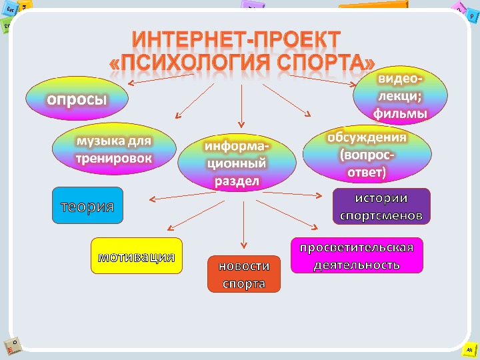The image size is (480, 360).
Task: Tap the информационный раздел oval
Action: [237, 163]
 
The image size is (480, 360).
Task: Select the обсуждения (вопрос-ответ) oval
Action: [365, 155]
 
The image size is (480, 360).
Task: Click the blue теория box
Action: [87, 206]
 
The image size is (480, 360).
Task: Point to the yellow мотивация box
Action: [137, 256]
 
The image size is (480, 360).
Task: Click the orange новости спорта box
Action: [244, 274]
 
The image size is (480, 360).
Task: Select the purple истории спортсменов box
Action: [381, 207]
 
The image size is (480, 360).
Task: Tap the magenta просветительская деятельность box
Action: [357, 255]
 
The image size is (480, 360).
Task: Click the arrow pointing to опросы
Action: [160, 79]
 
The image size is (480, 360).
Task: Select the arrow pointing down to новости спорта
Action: [245, 223]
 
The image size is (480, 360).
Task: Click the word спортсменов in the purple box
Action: [381, 216]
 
